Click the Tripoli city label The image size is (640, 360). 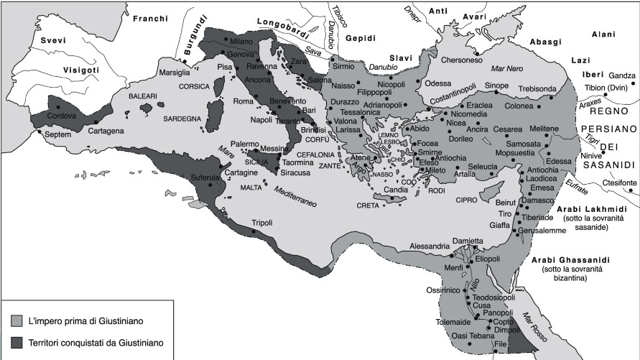[262, 223]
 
